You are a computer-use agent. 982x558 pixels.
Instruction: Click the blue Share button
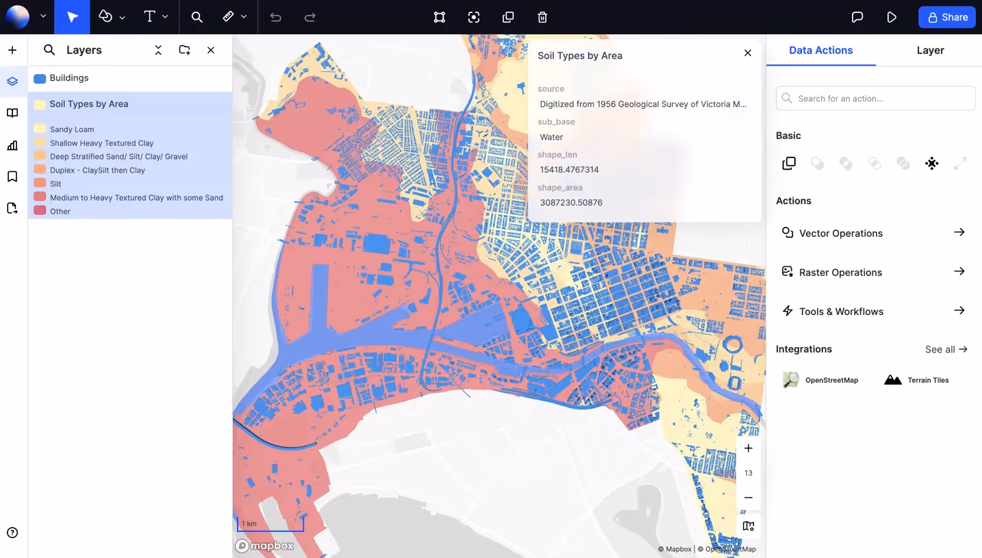point(946,17)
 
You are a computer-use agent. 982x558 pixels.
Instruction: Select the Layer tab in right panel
point(930,50)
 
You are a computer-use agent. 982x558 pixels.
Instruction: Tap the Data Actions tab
point(820,50)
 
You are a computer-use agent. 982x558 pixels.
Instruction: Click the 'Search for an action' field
point(875,98)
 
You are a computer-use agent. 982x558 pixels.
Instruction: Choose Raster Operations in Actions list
point(840,272)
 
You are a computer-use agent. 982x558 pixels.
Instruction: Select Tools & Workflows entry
point(841,312)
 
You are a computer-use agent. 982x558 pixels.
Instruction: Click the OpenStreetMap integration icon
point(791,380)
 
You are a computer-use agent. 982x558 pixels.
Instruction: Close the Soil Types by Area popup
point(748,53)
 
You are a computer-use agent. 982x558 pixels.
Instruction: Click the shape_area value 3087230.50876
point(571,203)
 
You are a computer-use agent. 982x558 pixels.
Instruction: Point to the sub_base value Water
point(551,137)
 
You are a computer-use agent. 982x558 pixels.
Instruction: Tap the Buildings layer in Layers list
point(69,78)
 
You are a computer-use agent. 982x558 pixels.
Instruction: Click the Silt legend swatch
point(40,183)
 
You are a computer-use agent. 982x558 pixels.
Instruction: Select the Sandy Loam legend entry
point(72,129)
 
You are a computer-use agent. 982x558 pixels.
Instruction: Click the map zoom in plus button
point(748,448)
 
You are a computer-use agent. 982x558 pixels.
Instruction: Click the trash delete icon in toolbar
point(542,17)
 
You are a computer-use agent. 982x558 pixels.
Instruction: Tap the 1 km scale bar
point(270,524)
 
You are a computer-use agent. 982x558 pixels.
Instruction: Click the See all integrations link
point(946,349)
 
